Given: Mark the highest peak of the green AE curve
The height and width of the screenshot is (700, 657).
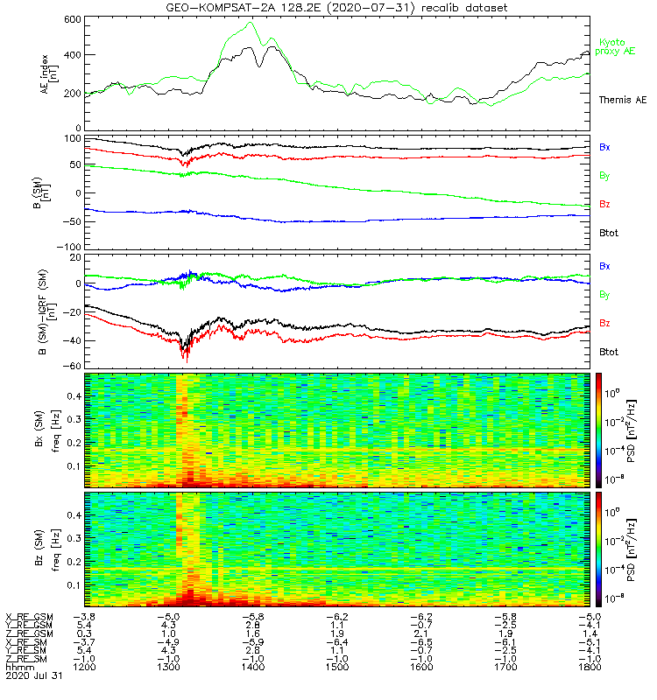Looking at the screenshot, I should click(252, 23).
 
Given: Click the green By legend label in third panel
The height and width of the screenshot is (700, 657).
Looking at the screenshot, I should click(604, 295).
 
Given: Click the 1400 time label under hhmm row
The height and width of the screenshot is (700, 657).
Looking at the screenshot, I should click(253, 667).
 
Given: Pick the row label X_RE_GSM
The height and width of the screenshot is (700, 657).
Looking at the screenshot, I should click(29, 618).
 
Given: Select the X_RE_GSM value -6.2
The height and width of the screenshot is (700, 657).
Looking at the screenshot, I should click(421, 618).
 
